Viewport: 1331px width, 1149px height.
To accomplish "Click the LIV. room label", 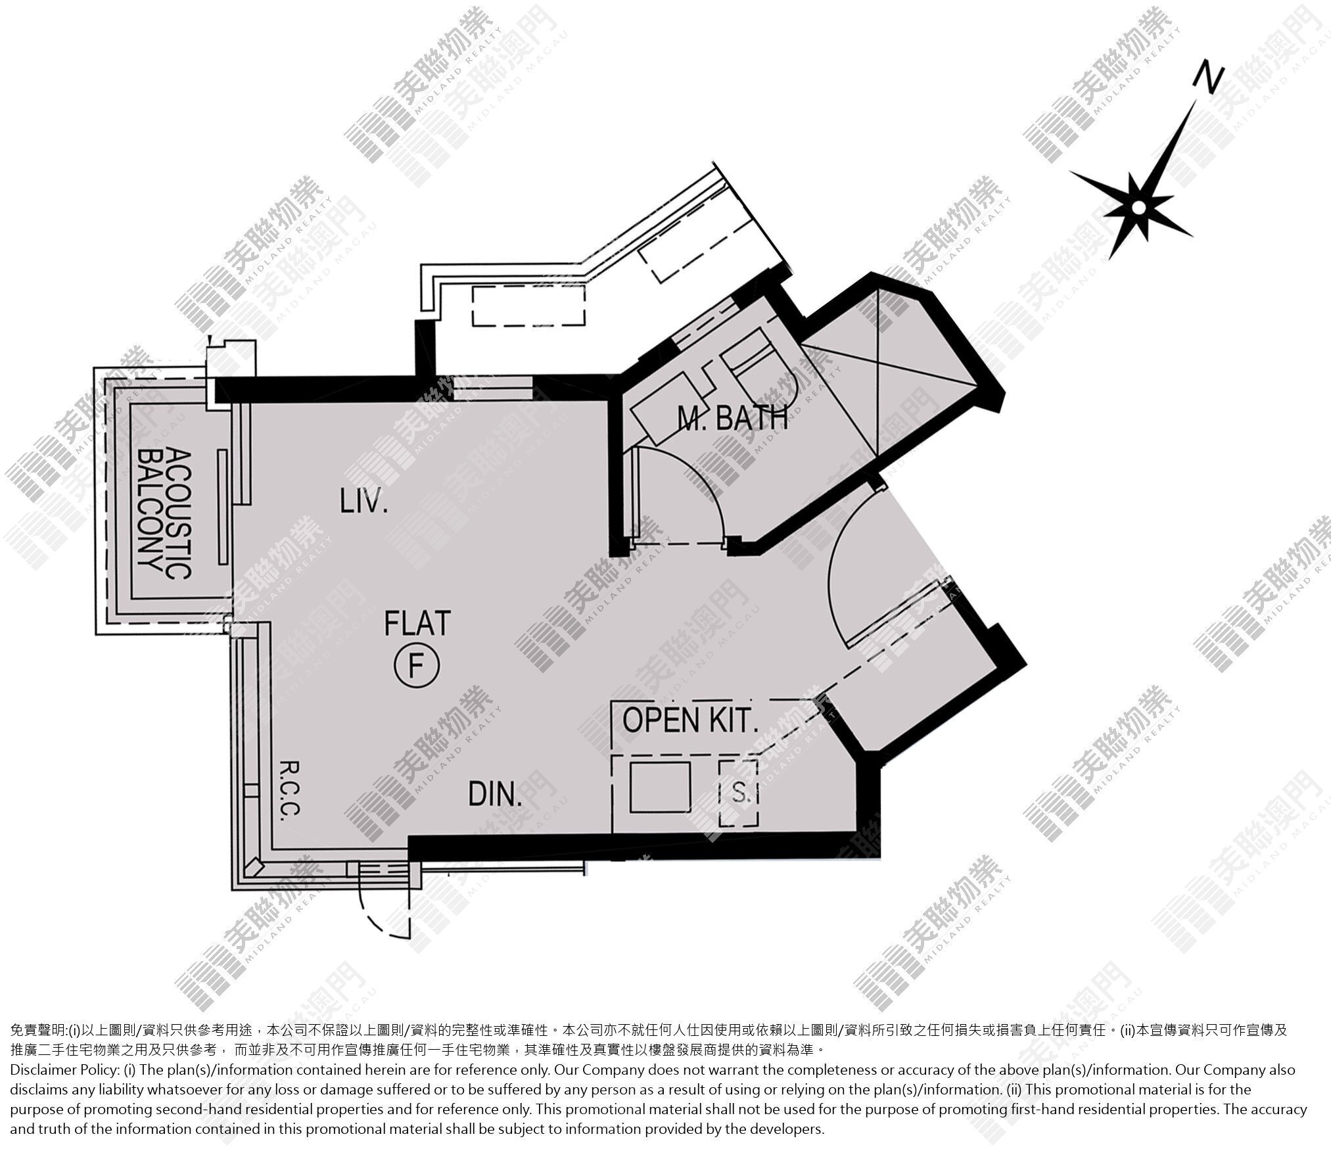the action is [x=363, y=503].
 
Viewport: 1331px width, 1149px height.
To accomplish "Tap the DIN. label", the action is [x=495, y=794].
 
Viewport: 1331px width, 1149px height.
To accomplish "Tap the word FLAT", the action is [x=417, y=623].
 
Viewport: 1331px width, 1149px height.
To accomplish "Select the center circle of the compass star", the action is [x=1138, y=208].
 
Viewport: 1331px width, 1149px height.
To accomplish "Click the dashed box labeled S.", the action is [x=738, y=793].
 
